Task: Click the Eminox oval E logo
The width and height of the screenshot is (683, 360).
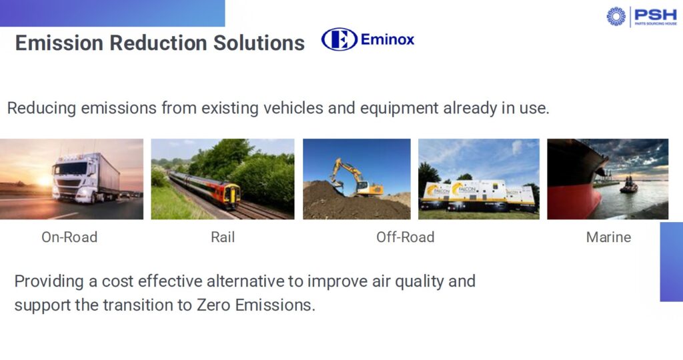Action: [339, 39]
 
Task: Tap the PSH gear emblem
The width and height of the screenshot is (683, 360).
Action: [616, 17]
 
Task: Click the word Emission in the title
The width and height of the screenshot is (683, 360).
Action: [59, 43]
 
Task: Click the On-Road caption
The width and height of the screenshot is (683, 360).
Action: [69, 237]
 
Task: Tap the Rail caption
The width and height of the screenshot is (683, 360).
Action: [223, 237]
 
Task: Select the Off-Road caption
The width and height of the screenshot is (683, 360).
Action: [405, 237]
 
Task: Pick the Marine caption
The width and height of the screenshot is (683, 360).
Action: [608, 237]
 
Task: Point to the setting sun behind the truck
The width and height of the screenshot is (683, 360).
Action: [45, 180]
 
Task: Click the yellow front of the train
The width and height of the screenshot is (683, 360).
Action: [231, 195]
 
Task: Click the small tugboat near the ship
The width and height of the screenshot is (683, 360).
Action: [628, 186]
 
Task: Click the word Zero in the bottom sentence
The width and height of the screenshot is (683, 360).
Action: [213, 305]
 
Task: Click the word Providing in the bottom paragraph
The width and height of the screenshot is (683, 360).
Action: [49, 281]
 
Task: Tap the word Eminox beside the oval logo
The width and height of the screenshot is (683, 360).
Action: [388, 39]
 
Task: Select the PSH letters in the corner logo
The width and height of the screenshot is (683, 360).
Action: [656, 15]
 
